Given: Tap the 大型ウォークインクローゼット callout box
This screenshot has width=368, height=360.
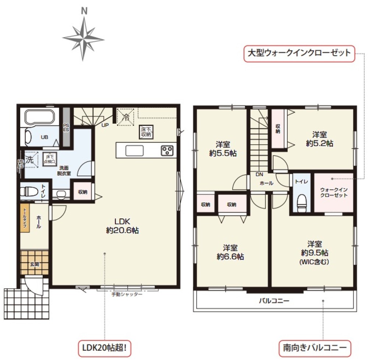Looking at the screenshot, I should click(299, 53).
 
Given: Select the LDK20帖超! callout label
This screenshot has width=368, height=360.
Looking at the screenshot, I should click(105, 347).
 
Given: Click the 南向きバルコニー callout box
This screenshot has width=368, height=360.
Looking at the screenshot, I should click(315, 347).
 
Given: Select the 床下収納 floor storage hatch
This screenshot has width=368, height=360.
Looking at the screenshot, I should click(146, 132).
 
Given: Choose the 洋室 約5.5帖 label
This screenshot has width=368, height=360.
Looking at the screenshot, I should click(223, 149).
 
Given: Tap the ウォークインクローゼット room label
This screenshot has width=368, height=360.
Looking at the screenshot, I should click(333, 192).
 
